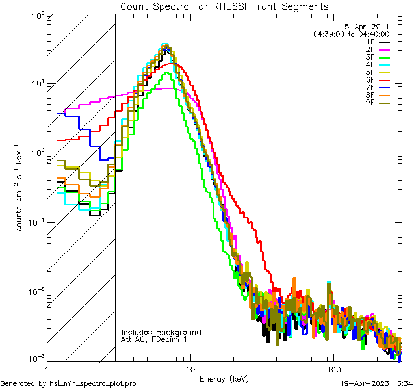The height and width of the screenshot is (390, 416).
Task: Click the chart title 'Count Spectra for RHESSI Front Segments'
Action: click(224, 6)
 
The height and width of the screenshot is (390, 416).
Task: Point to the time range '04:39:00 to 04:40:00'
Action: click(351, 34)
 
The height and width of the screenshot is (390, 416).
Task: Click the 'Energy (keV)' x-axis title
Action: click(224, 378)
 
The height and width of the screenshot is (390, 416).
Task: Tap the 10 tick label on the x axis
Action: click(190, 369)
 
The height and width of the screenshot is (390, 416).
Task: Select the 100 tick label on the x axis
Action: click(333, 369)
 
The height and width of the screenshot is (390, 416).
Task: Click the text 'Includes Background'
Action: click(161, 332)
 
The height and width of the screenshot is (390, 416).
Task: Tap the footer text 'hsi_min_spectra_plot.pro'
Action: click(93, 384)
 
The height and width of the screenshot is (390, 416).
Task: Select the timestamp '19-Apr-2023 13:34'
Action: click(376, 384)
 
